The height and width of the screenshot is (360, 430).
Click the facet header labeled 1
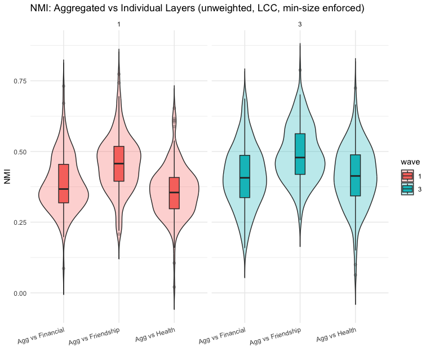(119, 24)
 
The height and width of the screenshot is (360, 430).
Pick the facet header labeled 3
(300, 24)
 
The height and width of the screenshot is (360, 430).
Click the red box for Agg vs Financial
(63, 183)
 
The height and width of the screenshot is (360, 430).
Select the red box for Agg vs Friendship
(119, 163)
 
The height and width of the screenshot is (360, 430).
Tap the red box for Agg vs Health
(174, 193)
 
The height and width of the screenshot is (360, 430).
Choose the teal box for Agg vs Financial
(245, 176)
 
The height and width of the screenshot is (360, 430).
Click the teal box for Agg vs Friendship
(300, 154)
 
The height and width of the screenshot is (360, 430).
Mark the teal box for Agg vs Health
(355, 175)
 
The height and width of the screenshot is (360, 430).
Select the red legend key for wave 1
(407, 176)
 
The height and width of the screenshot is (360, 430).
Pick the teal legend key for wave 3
(407, 189)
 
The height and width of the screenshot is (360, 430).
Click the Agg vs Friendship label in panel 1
(95, 336)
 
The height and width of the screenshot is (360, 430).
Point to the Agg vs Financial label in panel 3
(221, 336)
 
